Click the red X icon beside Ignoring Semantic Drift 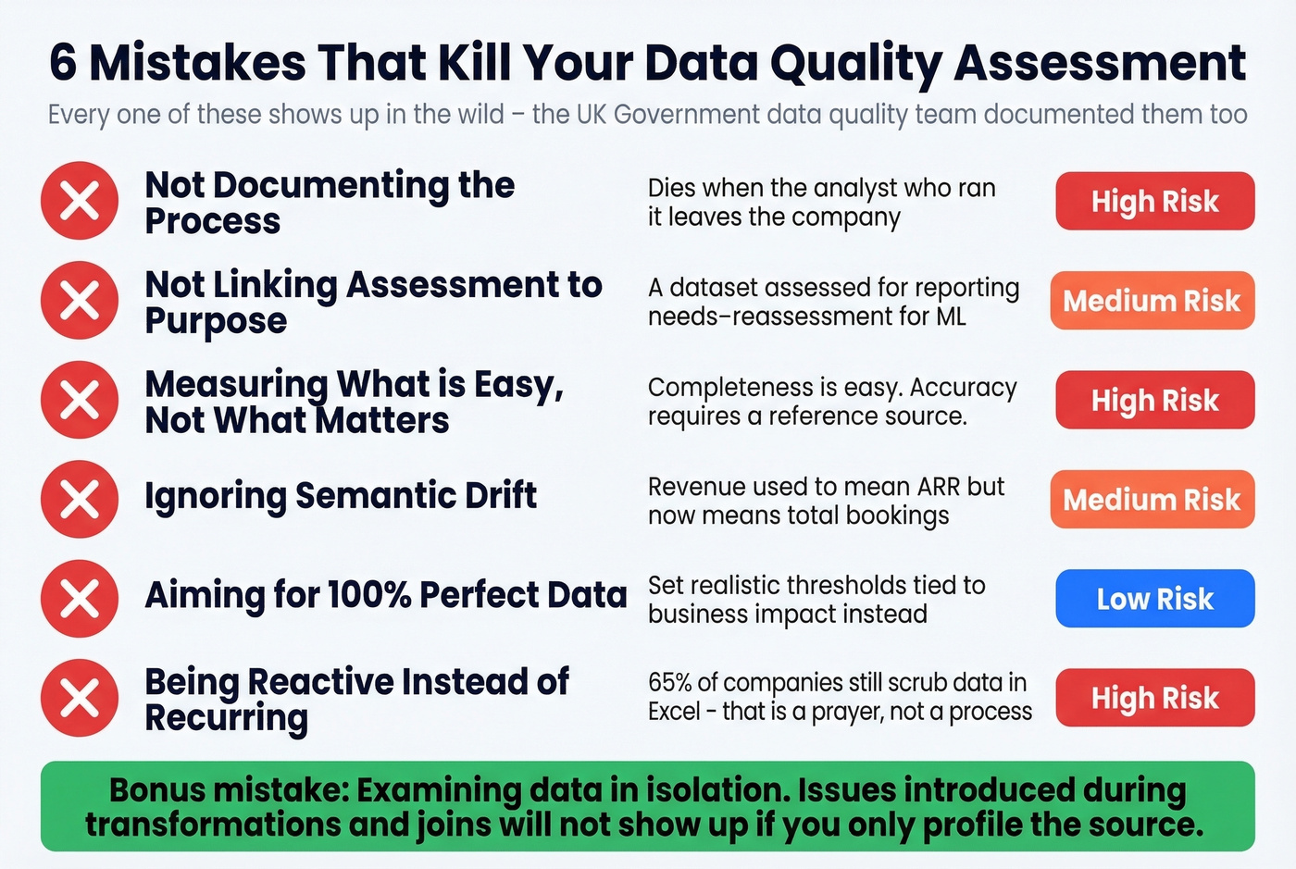[80, 499]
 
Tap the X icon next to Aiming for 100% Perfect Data [80, 599]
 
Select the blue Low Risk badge [1154, 599]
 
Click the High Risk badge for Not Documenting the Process [1154, 201]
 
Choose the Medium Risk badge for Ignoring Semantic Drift [1152, 500]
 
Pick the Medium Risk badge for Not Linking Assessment [1152, 301]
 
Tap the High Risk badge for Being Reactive [1154, 698]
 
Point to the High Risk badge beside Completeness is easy [1154, 400]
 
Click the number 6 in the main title [62, 63]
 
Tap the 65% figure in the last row [670, 683]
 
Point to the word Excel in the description [674, 712]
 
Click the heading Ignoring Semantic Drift [341, 496]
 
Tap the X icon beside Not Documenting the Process [80, 201]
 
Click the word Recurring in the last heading [227, 718]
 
